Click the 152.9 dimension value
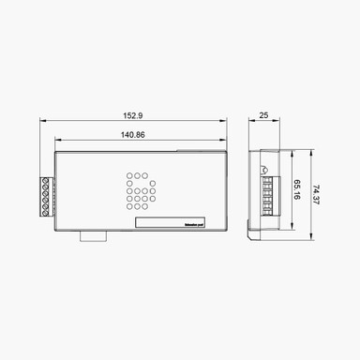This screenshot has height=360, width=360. pos(133,115)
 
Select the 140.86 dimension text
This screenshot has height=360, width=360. pos(133,135)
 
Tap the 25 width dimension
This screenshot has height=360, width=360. pos(263,115)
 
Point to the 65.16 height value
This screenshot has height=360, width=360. pos(297,191)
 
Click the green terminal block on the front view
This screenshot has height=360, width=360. pos(46,195)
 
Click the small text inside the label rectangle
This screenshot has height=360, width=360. pos(196,224)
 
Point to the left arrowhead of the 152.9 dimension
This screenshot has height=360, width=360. pos(43,121)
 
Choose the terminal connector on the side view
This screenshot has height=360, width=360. pos(266,196)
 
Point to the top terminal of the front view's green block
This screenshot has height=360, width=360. pos(46,178)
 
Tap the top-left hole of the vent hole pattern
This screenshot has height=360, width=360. pos(130,175)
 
